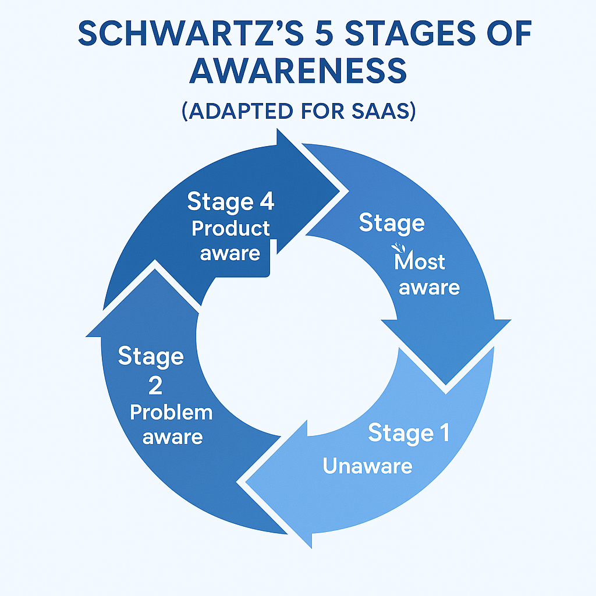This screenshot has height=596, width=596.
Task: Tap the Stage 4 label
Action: (x=230, y=202)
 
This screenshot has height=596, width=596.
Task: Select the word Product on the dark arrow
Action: (x=231, y=228)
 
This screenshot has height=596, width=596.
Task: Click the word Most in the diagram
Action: (x=420, y=262)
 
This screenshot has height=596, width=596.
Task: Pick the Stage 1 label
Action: (x=409, y=434)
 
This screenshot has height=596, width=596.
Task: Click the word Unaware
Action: (x=367, y=465)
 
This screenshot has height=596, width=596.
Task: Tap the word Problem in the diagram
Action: (x=171, y=413)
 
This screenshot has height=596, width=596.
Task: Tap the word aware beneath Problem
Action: (x=172, y=437)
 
